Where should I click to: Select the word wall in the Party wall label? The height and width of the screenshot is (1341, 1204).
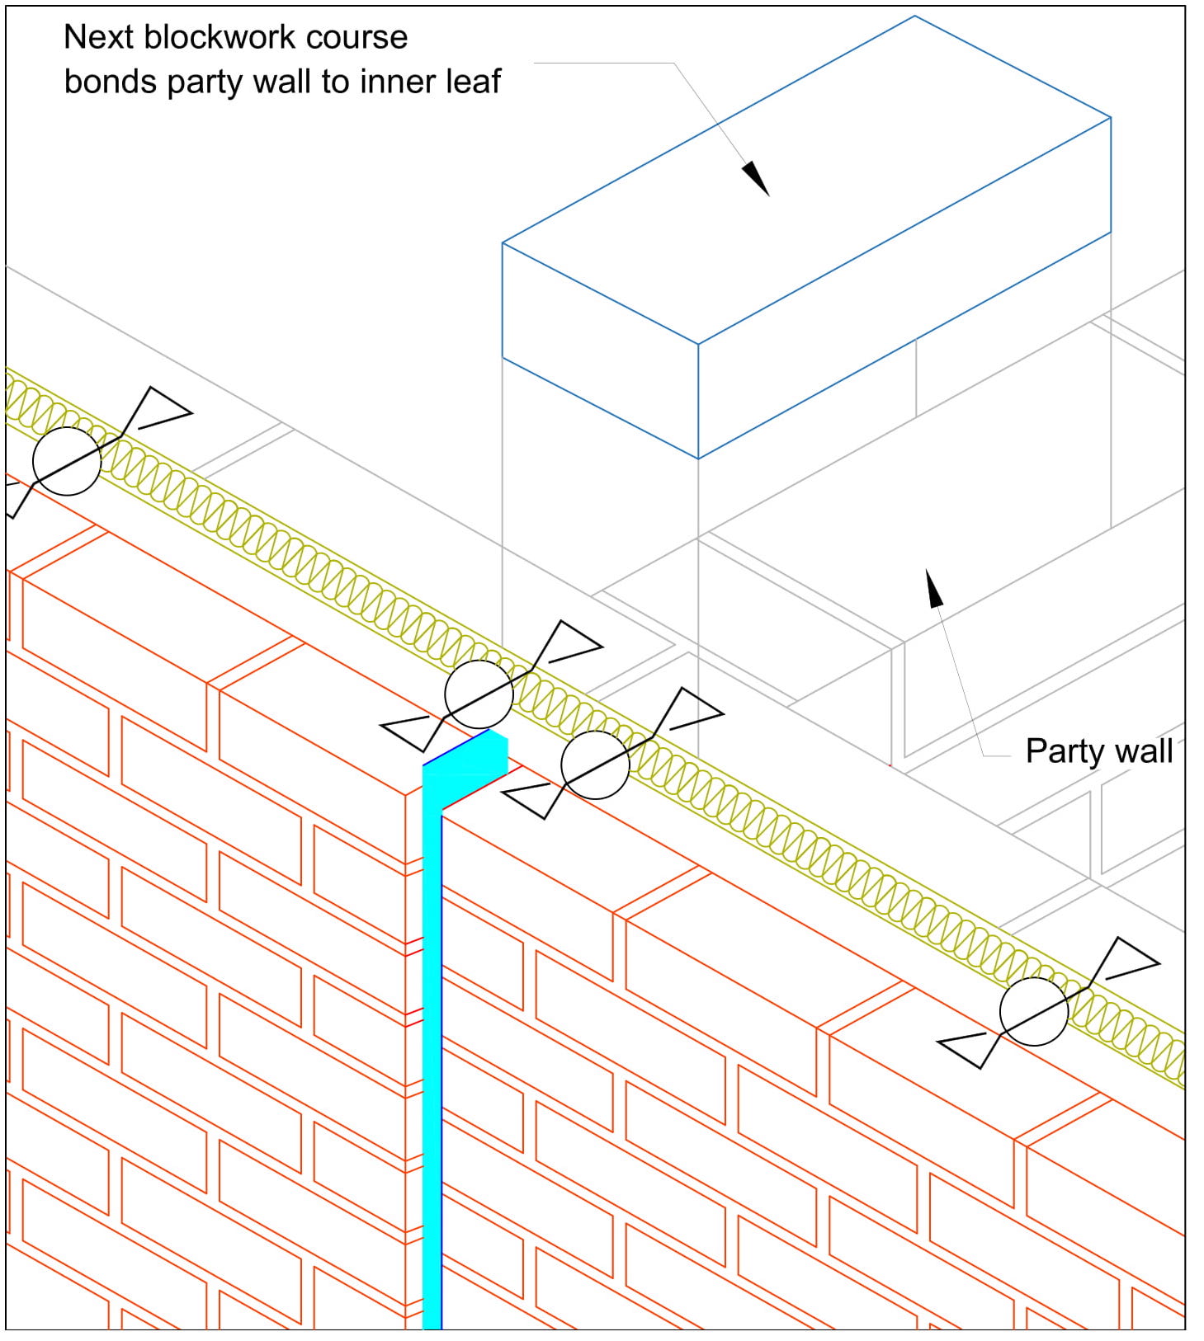pyautogui.click(x=1146, y=751)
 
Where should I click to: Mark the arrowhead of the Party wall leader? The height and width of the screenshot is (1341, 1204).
pyautogui.click(x=934, y=589)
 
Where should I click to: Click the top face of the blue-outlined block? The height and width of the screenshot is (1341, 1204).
pyautogui.click(x=806, y=180)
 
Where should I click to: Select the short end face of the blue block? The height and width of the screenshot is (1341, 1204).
pyautogui.click(x=600, y=351)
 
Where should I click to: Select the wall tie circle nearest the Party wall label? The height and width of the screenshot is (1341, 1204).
pyautogui.click(x=1033, y=1011)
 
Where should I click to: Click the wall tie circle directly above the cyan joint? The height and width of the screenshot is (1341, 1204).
pyautogui.click(x=479, y=694)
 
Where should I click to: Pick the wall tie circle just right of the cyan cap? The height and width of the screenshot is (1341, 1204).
pyautogui.click(x=595, y=765)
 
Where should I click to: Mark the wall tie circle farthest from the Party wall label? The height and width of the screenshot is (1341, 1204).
pyautogui.click(x=67, y=461)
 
